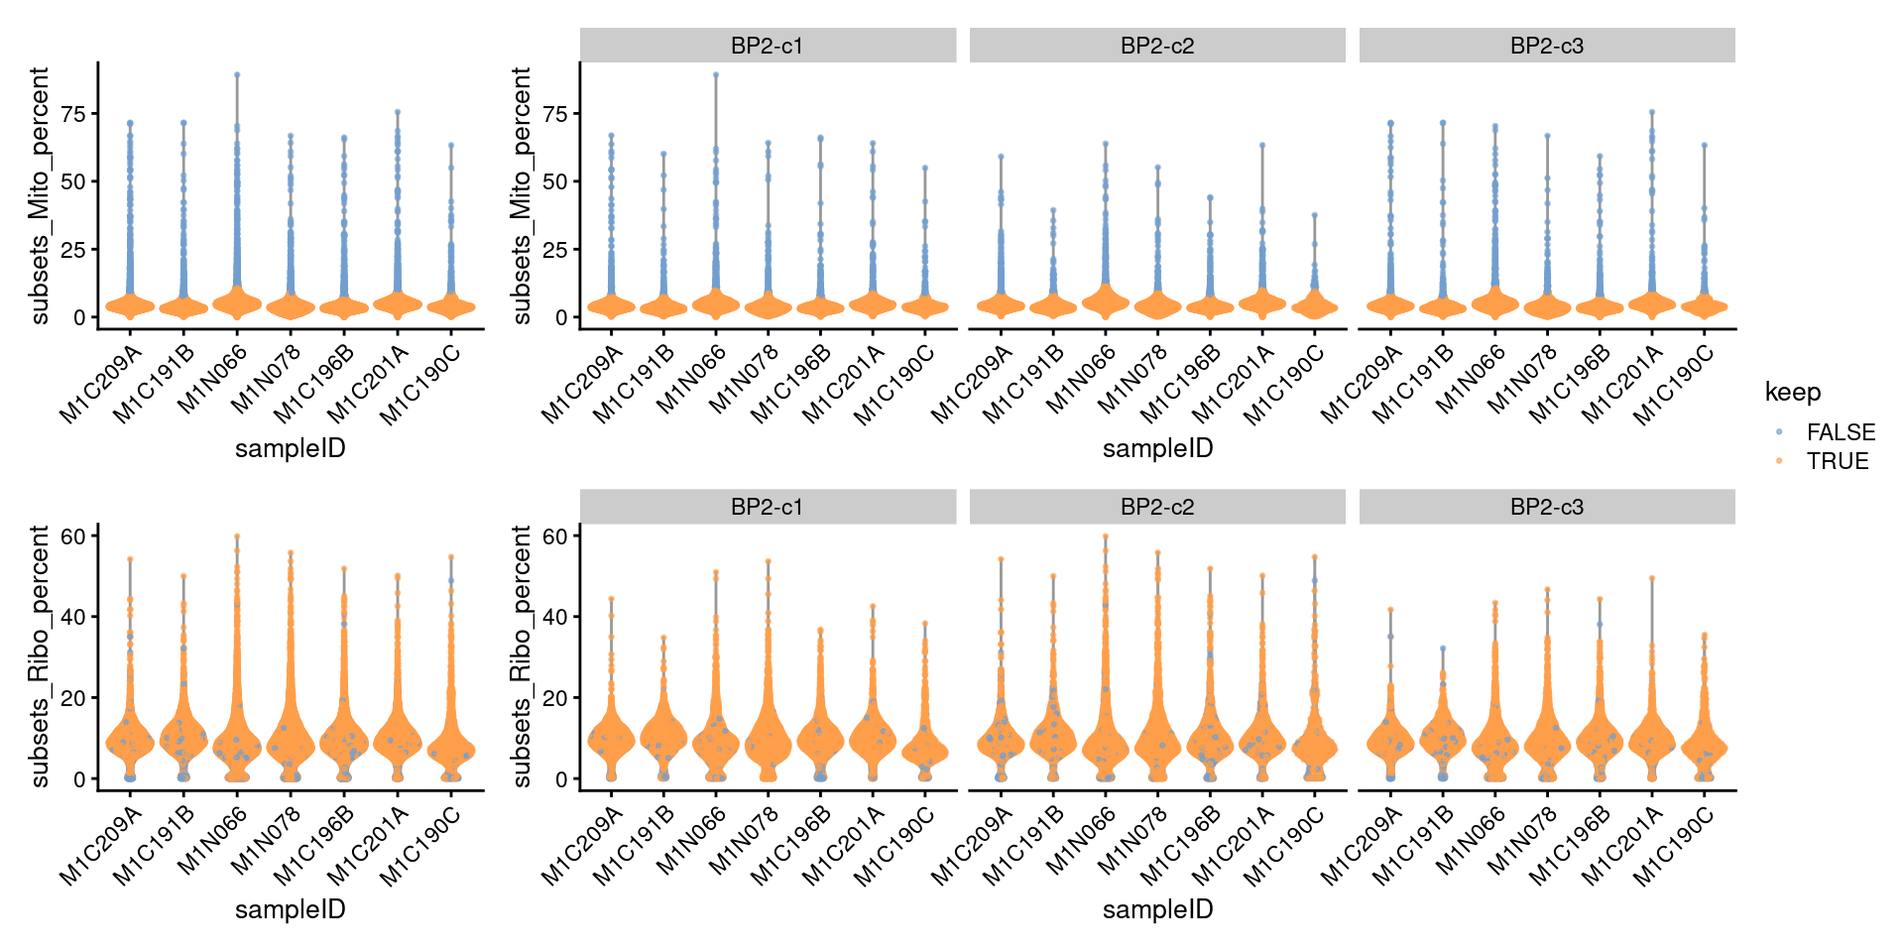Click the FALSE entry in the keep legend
[1840, 432]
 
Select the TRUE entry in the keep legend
[1837, 461]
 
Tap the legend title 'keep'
[1792, 392]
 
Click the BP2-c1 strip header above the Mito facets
[767, 46]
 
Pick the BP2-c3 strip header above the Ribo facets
[1546, 507]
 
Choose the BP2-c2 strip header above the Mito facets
[1156, 46]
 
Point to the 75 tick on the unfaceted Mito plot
[73, 114]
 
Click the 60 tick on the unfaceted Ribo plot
[73, 536]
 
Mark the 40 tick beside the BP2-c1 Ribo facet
[555, 617]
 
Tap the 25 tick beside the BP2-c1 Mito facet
[555, 250]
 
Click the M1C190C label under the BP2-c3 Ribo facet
[1674, 845]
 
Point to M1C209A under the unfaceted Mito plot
[100, 385]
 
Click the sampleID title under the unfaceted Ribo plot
[290, 909]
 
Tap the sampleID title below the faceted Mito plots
[1157, 448]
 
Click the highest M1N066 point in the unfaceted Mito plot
[237, 74]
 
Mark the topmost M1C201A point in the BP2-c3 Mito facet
[1652, 112]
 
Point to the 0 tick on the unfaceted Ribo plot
[79, 779]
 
